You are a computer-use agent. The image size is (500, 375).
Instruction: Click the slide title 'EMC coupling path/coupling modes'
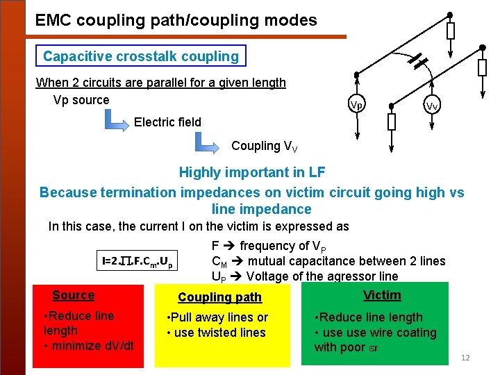click(176, 20)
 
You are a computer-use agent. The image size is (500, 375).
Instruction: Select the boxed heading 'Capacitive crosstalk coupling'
click(140, 56)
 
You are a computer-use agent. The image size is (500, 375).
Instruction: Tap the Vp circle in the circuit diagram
click(356, 105)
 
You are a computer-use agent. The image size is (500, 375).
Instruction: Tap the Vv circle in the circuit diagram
click(431, 106)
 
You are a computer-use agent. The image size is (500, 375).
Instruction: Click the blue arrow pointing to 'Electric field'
click(116, 119)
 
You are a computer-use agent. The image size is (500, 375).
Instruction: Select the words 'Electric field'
click(167, 122)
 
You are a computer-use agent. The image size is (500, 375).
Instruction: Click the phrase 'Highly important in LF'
click(251, 172)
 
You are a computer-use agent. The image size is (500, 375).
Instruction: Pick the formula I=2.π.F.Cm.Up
click(137, 262)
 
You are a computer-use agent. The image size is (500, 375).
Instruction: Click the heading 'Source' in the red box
click(73, 295)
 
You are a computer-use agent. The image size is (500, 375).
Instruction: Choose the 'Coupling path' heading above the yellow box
click(219, 297)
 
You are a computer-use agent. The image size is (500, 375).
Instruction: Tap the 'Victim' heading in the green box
click(382, 295)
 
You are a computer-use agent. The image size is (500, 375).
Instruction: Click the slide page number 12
click(465, 358)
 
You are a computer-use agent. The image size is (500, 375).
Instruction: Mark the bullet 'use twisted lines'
click(217, 333)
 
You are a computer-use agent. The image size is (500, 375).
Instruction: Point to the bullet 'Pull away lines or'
click(218, 317)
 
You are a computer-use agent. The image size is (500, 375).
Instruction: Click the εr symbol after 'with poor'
click(372, 347)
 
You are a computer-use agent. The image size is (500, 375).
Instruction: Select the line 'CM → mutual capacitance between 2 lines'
click(328, 261)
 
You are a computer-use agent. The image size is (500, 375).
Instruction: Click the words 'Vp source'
click(81, 99)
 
